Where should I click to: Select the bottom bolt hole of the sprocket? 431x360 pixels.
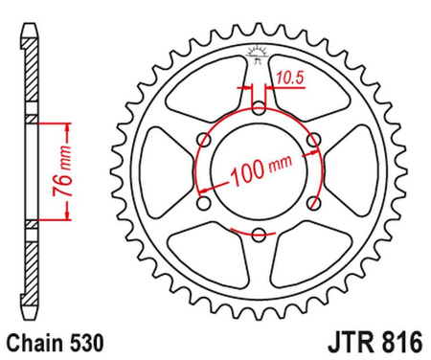pyautogui.click(x=258, y=235)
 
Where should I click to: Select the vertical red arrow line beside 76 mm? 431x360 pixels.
pyautogui.click(x=69, y=172)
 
